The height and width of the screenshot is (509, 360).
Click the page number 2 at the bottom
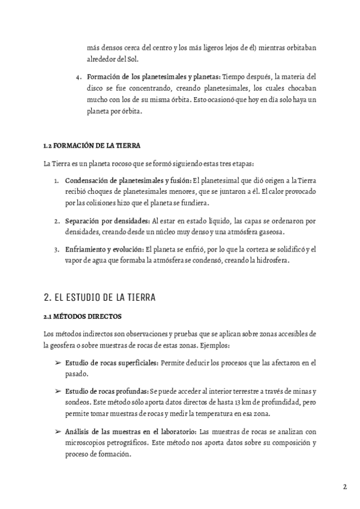pyautogui.click(x=345, y=487)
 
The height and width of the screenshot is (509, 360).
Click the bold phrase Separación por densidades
pyautogui.click(x=107, y=221)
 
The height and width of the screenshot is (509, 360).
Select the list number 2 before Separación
pyautogui.click(x=56, y=221)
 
